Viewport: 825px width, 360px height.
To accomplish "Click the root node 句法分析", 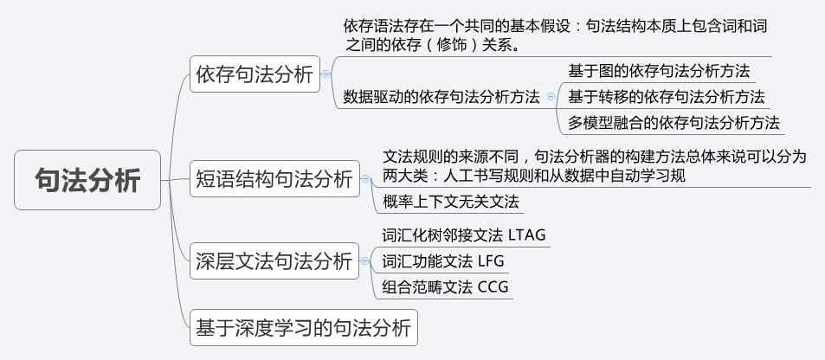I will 87,180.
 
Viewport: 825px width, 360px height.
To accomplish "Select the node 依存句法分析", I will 255,74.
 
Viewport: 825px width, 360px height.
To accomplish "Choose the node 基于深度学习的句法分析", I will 303,327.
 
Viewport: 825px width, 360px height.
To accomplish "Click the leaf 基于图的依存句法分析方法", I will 659,70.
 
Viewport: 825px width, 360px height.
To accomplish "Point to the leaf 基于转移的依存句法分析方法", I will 667,96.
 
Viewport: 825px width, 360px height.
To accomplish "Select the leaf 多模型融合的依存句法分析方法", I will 674,122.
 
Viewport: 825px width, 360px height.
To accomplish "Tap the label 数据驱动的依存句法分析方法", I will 442,96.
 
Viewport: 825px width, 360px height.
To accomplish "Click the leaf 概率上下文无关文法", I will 450,202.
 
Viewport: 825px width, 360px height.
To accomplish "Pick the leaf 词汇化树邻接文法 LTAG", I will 464,235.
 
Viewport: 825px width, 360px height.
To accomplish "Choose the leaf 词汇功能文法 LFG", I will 442,260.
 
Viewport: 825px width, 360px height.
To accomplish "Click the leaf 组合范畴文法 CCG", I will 445,286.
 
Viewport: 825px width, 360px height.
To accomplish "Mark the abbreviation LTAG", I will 528,235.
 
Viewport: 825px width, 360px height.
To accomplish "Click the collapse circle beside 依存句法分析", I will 326,75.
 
